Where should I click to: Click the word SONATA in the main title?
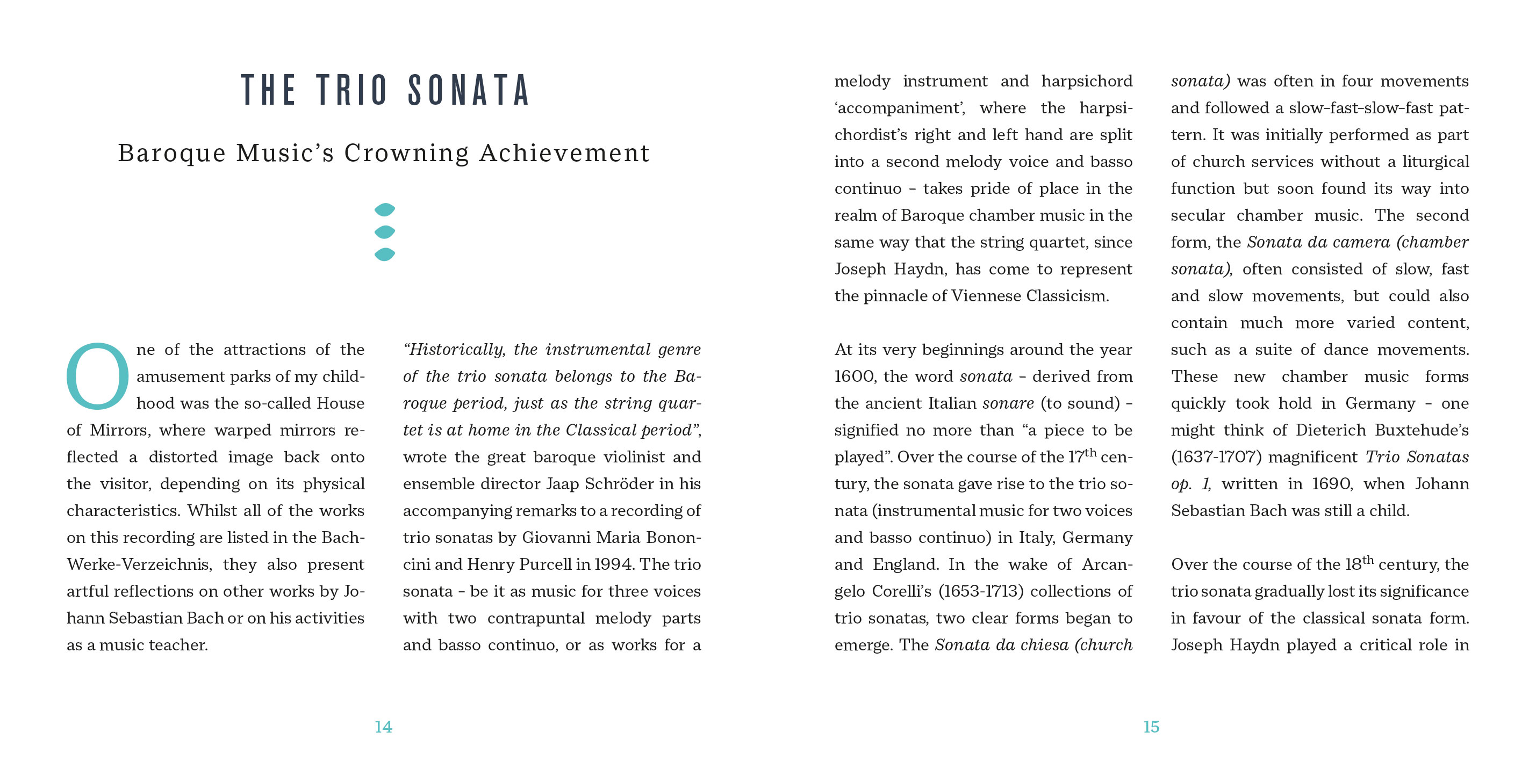coord(469,91)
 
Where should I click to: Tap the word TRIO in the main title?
coord(352,91)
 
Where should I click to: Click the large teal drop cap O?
coord(97,376)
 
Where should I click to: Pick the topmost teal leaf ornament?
coord(385,209)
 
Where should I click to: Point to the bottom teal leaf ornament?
coord(385,255)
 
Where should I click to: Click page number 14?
coord(383,727)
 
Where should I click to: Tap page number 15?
coord(1151,727)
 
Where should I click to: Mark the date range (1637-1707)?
coord(1216,457)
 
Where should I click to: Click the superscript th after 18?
coord(1368,560)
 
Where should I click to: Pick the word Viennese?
coord(986,296)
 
